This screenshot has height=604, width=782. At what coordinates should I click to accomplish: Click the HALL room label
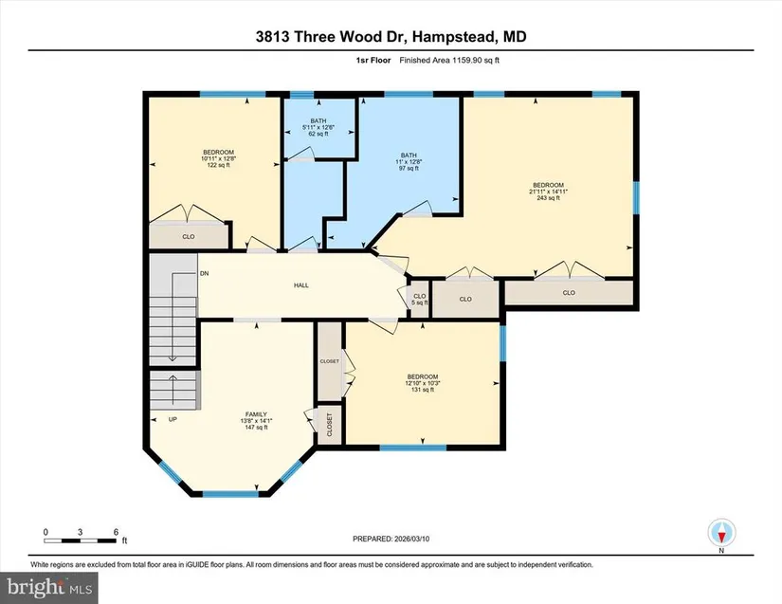301,285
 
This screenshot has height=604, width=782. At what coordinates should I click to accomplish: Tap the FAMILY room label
256,420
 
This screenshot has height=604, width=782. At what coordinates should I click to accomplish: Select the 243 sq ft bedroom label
548,192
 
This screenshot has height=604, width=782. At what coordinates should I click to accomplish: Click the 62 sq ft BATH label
318,127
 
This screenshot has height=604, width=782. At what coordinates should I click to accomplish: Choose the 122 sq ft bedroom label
218,158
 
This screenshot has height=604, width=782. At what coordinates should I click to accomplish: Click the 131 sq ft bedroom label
423,383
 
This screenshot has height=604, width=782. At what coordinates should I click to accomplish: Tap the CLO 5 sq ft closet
419,300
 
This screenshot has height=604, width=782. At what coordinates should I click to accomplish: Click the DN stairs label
205,273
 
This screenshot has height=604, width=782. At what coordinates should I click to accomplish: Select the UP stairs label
173,419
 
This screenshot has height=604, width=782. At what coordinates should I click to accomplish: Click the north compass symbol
721,533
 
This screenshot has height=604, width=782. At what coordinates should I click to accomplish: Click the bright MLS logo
49,588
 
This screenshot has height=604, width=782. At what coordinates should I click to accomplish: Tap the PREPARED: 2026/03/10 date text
391,539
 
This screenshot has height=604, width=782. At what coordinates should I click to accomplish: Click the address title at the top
391,36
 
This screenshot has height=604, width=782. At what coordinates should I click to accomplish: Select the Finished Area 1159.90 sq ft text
449,61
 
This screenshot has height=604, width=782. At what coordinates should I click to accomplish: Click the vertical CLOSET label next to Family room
329,425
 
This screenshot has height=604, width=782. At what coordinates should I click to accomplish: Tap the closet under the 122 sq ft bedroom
189,236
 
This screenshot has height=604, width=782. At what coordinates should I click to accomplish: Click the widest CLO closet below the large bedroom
569,293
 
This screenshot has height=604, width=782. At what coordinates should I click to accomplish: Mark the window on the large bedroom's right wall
636,198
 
